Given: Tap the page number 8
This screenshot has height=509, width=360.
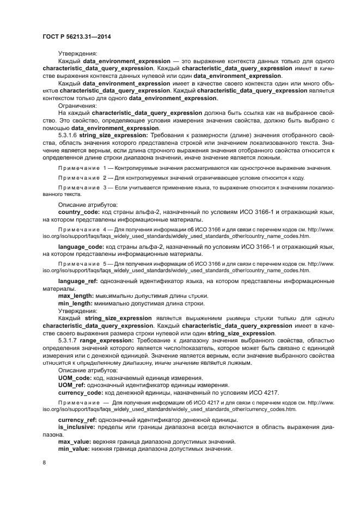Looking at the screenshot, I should pos(45,463).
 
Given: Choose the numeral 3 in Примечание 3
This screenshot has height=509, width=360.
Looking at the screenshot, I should pos(105,187).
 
